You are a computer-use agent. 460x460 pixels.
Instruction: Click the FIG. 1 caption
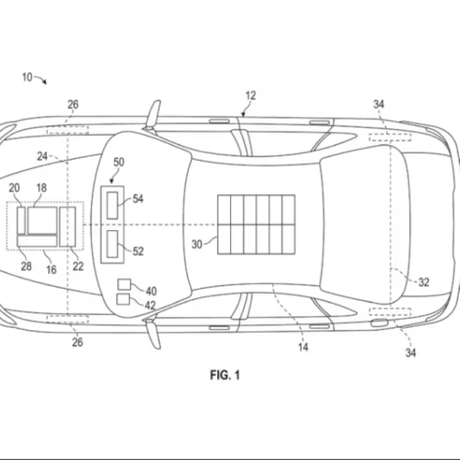(x=224, y=375)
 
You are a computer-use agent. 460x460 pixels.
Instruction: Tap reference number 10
(x=27, y=77)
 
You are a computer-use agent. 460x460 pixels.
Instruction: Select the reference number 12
(x=250, y=96)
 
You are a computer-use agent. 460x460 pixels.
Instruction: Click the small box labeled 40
(x=124, y=284)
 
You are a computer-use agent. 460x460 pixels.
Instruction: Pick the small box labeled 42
(x=123, y=299)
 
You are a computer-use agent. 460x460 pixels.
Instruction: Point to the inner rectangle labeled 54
(x=112, y=205)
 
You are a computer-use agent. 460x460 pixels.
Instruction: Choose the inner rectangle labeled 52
(x=112, y=244)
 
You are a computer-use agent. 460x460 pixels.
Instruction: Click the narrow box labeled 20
(x=21, y=220)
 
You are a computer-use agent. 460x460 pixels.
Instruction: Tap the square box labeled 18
(x=43, y=220)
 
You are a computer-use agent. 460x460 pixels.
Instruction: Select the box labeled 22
(x=68, y=227)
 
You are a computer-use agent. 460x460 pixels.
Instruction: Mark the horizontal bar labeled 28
(x=37, y=240)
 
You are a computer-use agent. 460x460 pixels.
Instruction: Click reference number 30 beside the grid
(x=197, y=244)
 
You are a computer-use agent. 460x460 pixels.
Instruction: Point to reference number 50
(x=119, y=162)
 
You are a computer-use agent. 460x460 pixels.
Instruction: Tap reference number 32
(x=424, y=282)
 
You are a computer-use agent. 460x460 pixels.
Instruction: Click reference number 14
(x=303, y=347)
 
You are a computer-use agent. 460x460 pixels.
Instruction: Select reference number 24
(x=42, y=157)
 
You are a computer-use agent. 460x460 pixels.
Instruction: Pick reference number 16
(x=52, y=270)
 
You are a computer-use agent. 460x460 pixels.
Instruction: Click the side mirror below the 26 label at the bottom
(x=153, y=334)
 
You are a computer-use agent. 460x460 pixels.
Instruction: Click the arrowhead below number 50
(x=111, y=182)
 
